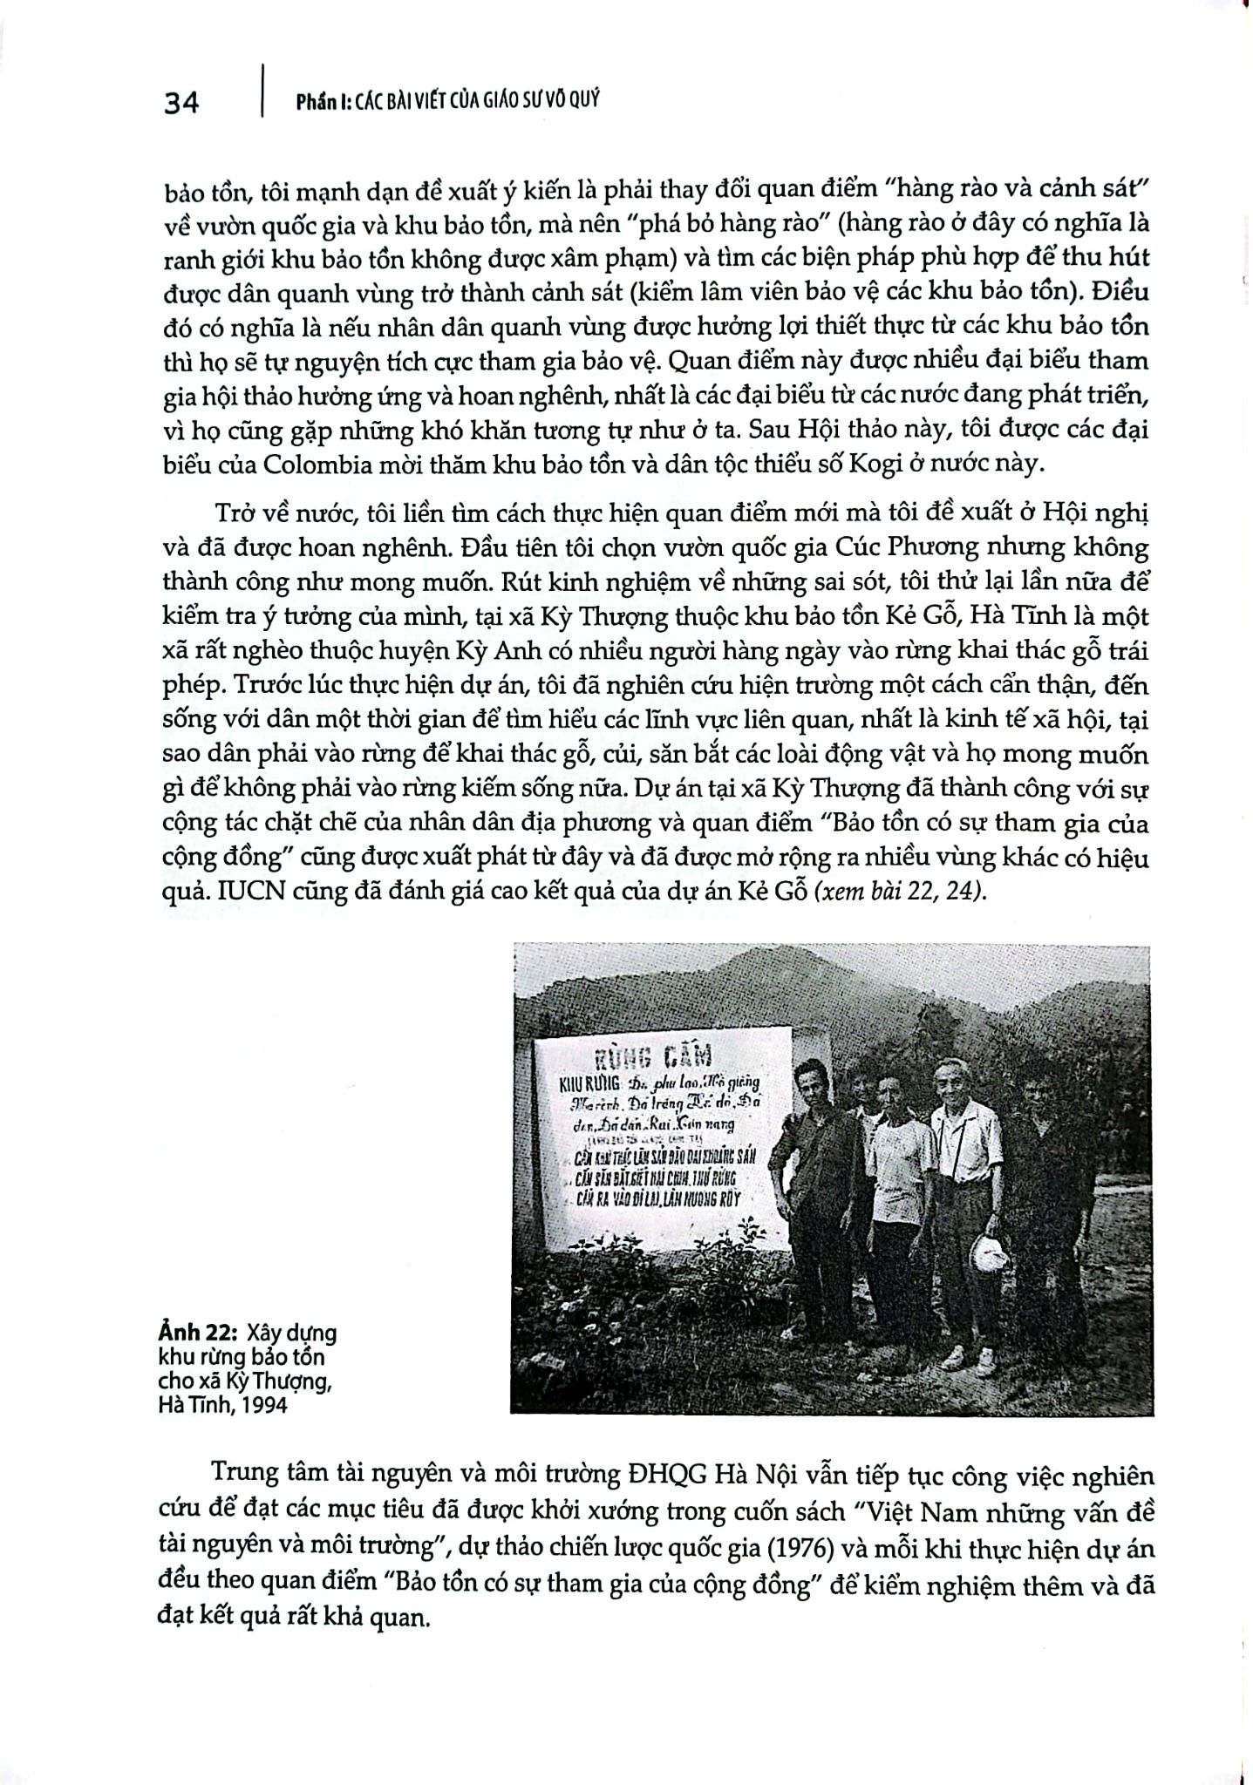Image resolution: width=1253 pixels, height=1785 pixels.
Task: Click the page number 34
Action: point(181,103)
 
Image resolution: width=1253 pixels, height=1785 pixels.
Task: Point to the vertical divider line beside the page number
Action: point(262,90)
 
